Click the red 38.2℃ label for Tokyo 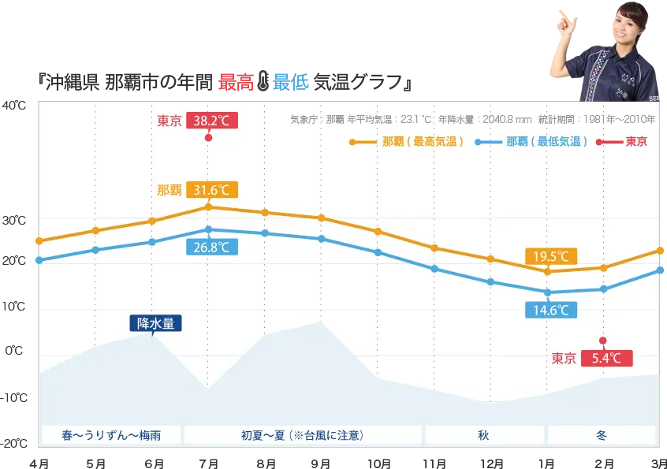point(211,121)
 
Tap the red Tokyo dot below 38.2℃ point(208,138)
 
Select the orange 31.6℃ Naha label point(211,190)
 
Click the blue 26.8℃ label point(211,247)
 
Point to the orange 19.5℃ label point(551,256)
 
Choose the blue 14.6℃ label point(551,310)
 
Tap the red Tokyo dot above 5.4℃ point(603,341)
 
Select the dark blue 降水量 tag point(155,323)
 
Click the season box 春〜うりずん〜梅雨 point(110,435)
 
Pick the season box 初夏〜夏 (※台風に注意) point(304,435)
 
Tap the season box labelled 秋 point(483,435)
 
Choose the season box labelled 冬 point(601,435)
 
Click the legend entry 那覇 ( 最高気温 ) point(406,142)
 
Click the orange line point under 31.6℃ point(208,207)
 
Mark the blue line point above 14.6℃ point(547,292)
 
